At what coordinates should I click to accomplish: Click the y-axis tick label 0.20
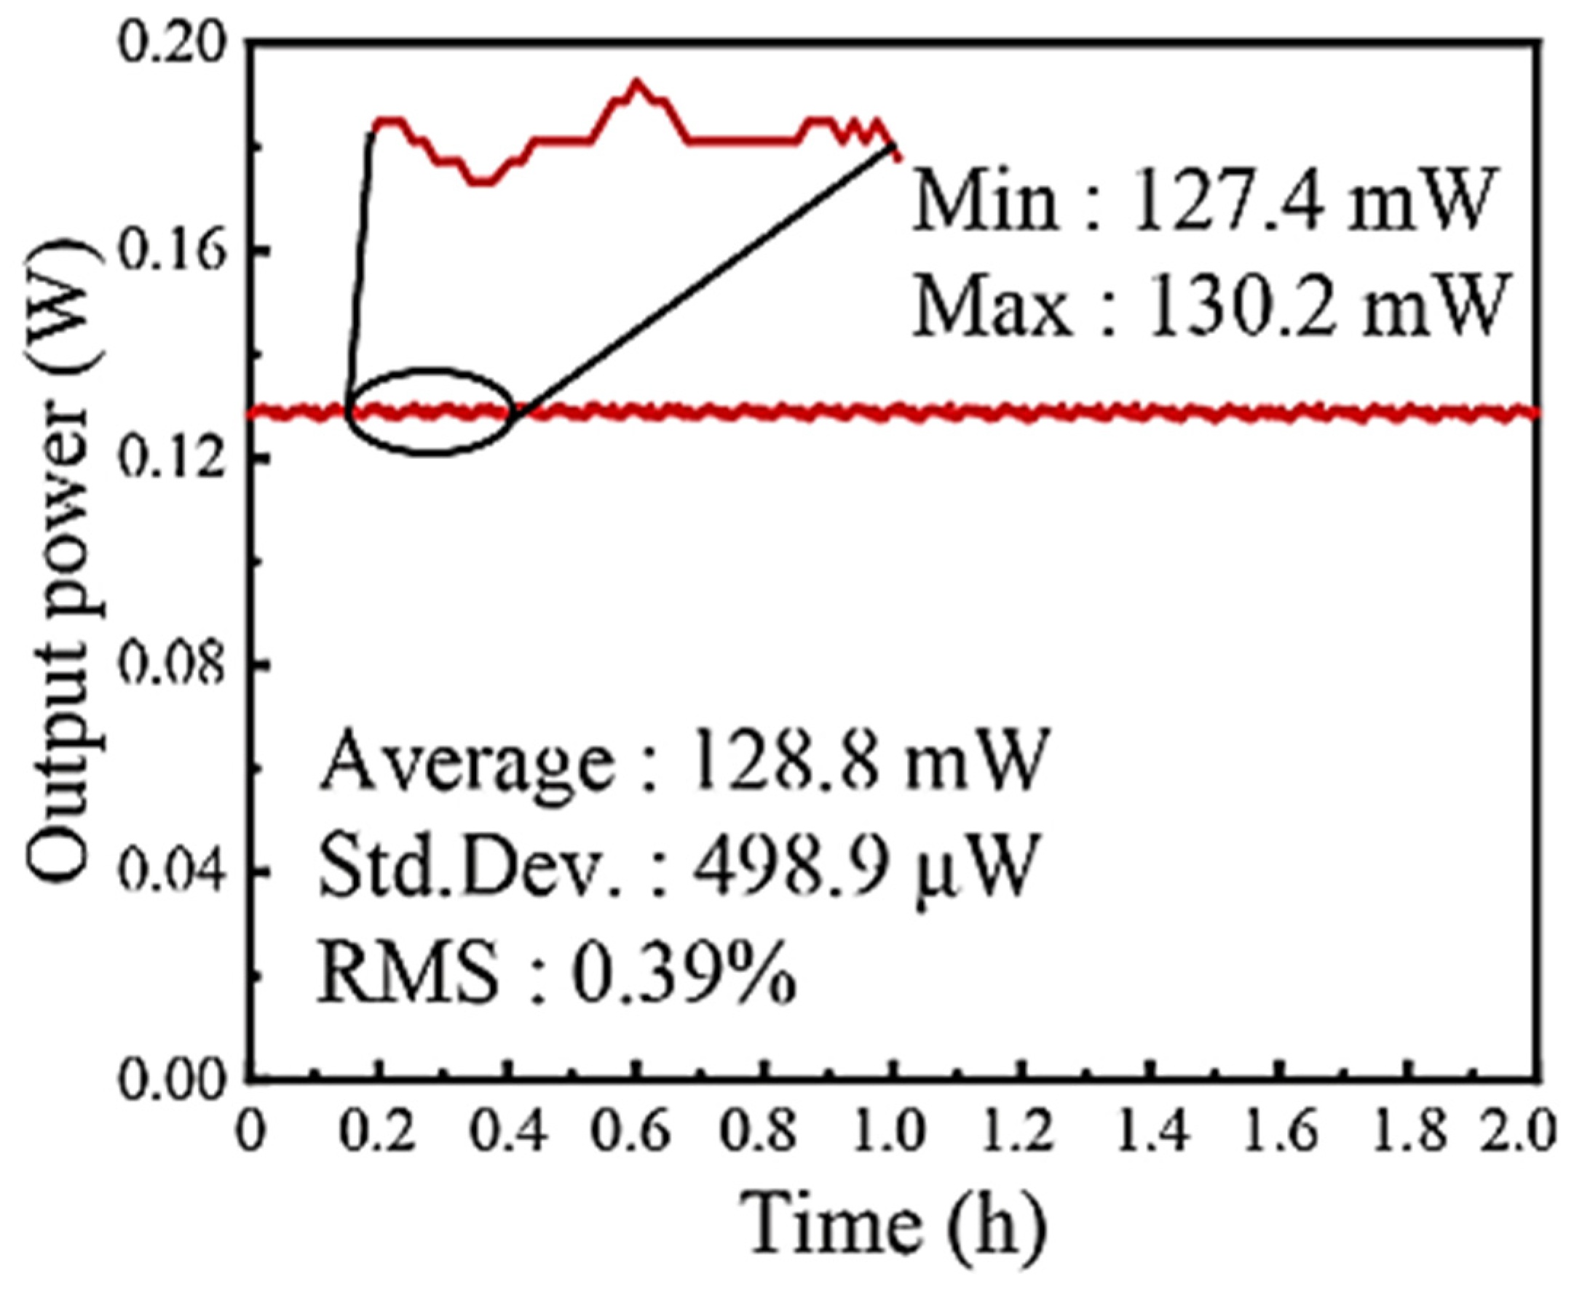coord(172,47)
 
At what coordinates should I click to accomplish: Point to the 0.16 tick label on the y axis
coord(172,254)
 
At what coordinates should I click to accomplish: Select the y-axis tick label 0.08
coord(172,665)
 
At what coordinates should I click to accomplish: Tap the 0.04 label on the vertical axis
coord(172,871)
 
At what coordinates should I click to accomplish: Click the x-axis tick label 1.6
coord(1278,1132)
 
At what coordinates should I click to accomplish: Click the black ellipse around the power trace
coord(431,451)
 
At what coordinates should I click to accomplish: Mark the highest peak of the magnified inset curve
coord(636,81)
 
